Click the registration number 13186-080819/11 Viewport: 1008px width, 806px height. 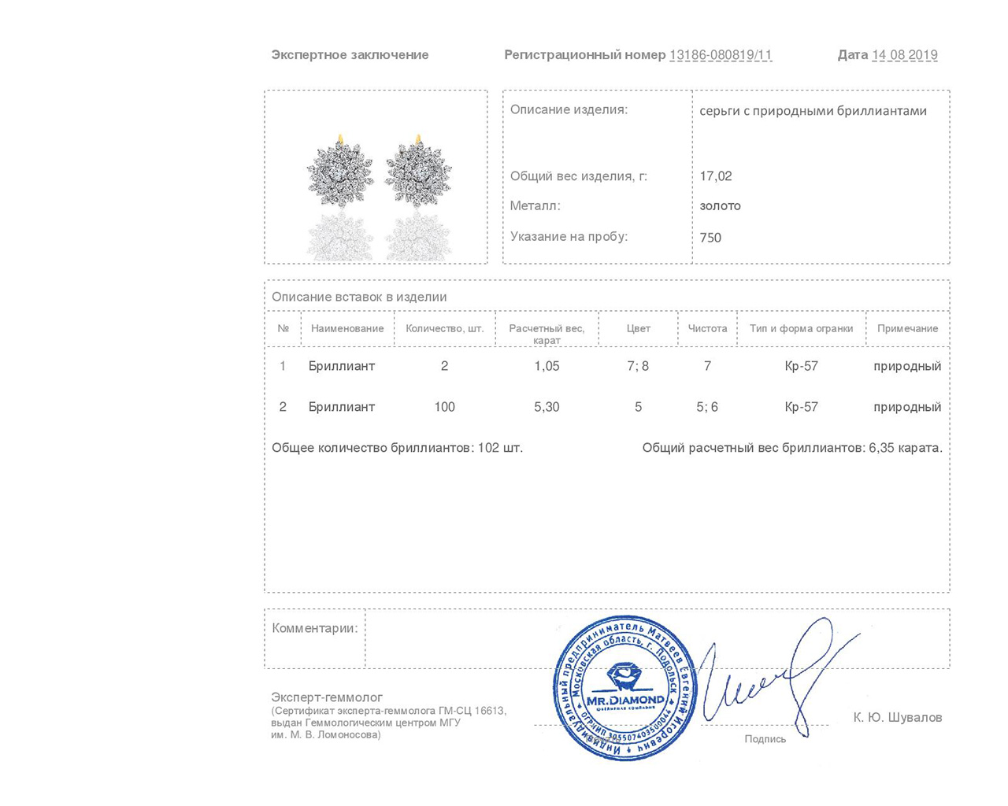point(720,55)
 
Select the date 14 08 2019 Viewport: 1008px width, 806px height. point(904,55)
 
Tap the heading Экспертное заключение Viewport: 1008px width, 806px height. point(350,55)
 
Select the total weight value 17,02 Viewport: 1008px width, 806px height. point(716,176)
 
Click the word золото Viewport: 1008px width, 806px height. point(720,206)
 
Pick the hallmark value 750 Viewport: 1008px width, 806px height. point(710,238)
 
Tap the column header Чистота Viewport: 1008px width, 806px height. point(707,328)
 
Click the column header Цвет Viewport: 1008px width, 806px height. point(638,328)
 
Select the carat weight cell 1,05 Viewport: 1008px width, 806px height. point(547,366)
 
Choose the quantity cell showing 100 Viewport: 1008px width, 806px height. point(444,407)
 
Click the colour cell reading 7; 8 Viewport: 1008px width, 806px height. point(638,366)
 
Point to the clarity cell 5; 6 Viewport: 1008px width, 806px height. point(707,407)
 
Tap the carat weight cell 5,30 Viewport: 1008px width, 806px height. point(547,407)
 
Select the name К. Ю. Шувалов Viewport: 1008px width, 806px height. point(897,718)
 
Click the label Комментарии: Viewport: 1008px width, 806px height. point(314,628)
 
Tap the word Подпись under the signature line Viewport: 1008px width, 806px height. point(765,739)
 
